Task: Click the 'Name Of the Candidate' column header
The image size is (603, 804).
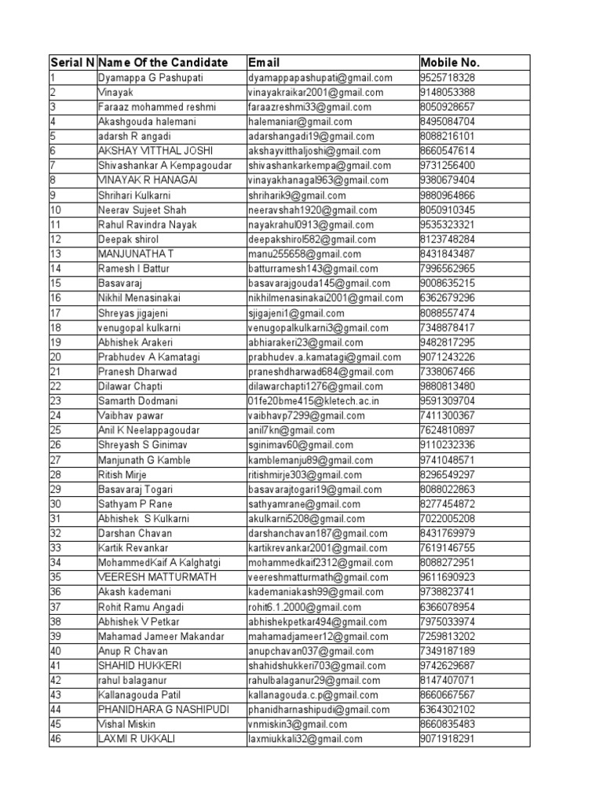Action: pos(163,63)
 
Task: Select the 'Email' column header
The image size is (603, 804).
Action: pos(264,63)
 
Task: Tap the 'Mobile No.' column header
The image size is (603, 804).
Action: pos(449,63)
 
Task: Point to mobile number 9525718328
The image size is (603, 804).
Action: pos(448,78)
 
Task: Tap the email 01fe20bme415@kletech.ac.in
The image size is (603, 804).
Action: pos(313,400)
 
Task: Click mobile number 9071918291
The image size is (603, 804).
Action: pos(448,739)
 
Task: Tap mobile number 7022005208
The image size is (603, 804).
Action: pos(448,518)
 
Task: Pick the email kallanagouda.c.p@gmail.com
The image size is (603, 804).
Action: pos(312,695)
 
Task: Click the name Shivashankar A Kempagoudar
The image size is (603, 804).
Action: pos(166,166)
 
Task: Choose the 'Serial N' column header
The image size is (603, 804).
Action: pos(72,63)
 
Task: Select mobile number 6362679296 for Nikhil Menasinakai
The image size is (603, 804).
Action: pos(448,298)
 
